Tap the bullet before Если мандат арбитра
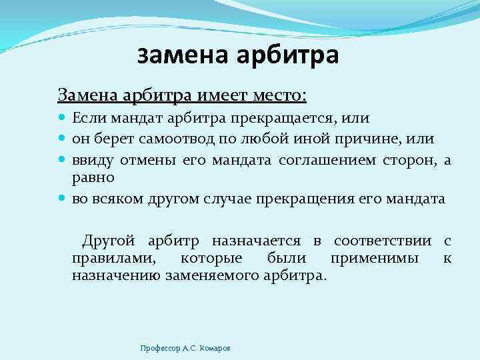(62, 119)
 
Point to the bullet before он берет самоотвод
(62, 139)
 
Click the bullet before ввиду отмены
(62, 159)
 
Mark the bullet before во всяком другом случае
(62, 198)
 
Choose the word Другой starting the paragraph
(108, 241)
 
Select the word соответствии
(381, 241)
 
